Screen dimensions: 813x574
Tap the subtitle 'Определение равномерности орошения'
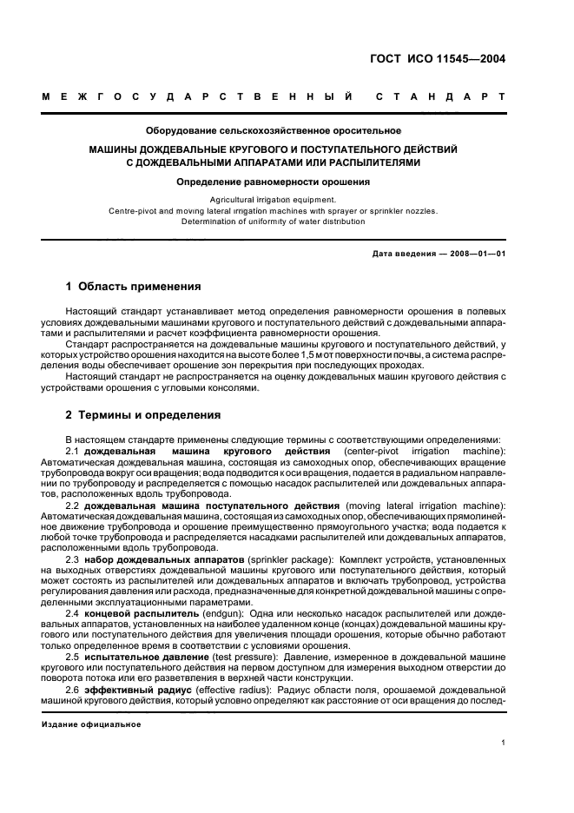274,182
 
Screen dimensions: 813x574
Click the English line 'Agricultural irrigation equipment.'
274,199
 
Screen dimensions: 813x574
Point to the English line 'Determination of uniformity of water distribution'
274,221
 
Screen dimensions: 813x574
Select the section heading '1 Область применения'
134,286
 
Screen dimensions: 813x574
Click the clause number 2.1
73,452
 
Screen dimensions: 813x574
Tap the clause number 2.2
73,506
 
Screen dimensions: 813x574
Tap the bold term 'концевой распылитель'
141,613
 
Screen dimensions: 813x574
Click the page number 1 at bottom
504,743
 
